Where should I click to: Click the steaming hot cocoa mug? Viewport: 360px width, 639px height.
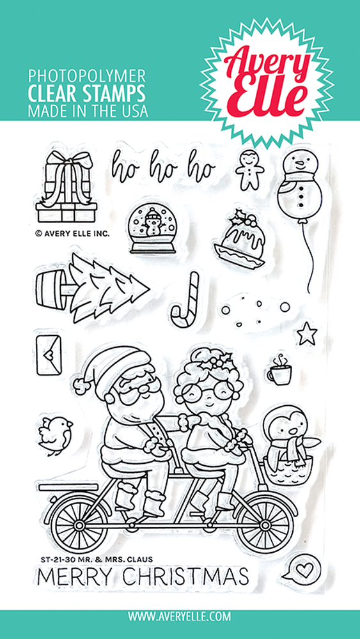[279, 369]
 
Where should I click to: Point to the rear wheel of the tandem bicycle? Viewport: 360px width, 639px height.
[79, 524]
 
